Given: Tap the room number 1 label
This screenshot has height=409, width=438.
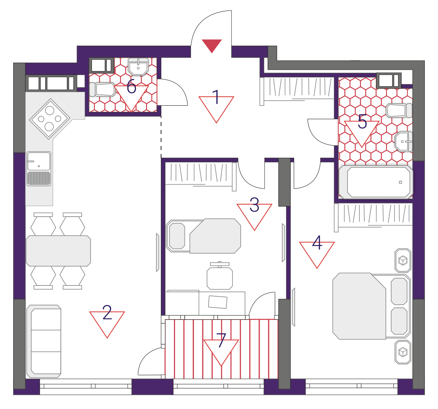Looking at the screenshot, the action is (216, 97).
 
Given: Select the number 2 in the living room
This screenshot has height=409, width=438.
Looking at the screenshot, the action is (107, 312).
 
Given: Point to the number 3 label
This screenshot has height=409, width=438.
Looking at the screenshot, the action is (254, 204).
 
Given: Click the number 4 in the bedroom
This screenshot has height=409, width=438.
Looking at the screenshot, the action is (317, 243).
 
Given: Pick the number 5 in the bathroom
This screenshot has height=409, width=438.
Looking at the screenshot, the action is (362, 121).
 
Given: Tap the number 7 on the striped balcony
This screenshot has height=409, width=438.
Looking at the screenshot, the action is (221, 340).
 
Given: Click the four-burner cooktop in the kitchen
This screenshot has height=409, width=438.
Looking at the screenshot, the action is (50, 119).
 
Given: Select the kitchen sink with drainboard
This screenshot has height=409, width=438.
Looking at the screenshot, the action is (39, 169).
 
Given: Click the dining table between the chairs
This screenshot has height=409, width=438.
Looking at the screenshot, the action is (58, 251).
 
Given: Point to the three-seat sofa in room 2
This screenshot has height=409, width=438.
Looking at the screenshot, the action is (44, 341).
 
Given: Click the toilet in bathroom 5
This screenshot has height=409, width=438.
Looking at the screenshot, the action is (399, 110).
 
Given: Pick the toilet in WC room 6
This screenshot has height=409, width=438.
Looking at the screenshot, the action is (102, 89).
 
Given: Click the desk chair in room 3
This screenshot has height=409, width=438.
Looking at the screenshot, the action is (220, 276).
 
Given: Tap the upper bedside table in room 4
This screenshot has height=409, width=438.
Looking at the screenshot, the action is (403, 260).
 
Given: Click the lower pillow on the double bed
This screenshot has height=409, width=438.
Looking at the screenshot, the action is (399, 321).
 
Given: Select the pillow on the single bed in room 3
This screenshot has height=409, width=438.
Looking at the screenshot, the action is (177, 236).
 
